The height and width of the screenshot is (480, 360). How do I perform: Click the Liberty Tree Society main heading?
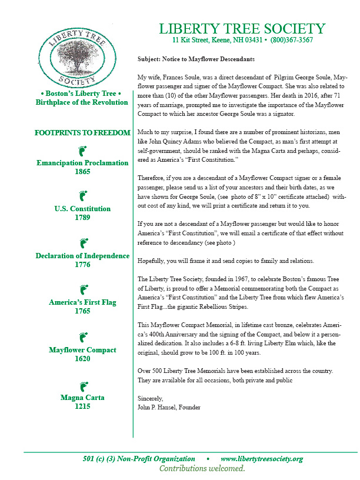tap(242, 29)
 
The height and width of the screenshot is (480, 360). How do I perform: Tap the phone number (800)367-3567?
tap(292, 41)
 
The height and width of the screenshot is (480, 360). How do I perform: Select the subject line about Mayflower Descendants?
tap(196, 59)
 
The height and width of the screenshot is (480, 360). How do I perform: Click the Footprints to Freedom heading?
tap(82, 133)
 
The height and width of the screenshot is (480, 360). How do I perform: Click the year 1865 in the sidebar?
tap(82, 172)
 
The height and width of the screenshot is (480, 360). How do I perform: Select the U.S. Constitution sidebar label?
tap(82, 209)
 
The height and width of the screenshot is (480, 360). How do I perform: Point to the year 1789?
tap(82, 218)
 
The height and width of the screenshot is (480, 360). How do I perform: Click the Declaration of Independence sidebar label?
tap(82, 256)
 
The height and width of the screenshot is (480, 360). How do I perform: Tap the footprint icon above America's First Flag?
tap(82, 289)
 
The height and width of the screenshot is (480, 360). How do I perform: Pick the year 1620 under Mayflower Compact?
tap(82, 359)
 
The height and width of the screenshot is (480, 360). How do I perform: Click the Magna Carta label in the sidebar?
tap(82, 398)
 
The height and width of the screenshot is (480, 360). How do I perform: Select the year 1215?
tap(82, 406)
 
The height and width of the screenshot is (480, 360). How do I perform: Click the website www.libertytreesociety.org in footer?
tap(262, 459)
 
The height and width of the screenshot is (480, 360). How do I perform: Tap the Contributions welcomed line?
tap(202, 469)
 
